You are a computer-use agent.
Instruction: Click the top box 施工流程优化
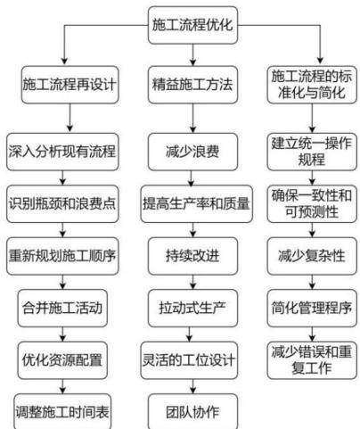point(192,25)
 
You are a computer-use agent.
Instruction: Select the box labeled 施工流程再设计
point(70,85)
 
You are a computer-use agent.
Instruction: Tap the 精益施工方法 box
point(192,85)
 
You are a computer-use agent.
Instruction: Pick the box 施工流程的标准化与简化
point(312,85)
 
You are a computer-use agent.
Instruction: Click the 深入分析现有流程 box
point(62,152)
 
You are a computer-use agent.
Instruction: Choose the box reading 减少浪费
point(192,152)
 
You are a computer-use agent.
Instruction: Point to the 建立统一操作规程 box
point(312,152)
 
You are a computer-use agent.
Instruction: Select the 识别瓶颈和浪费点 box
point(62,203)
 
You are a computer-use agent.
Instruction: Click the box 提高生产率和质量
point(197,203)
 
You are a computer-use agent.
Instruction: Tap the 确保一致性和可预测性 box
point(312,203)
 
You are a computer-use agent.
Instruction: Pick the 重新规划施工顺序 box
point(62,256)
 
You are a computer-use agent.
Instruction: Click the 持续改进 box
point(192,256)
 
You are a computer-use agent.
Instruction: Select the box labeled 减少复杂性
point(312,256)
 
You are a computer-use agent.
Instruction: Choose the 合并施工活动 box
point(62,308)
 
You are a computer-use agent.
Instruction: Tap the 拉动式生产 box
point(192,308)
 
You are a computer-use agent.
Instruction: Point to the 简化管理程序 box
point(312,308)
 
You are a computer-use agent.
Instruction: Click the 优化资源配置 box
point(62,360)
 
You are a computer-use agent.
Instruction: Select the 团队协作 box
point(192,412)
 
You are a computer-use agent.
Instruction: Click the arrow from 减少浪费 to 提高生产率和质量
point(191,177)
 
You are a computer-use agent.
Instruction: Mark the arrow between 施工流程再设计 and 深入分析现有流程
point(70,118)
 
